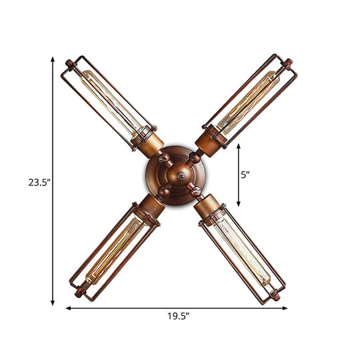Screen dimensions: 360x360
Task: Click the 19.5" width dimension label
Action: click(177, 317)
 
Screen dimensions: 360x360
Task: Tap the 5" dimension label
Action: click(245, 175)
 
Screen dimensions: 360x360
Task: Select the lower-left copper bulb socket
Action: click(148, 207)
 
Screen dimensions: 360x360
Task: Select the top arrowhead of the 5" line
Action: click(239, 150)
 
